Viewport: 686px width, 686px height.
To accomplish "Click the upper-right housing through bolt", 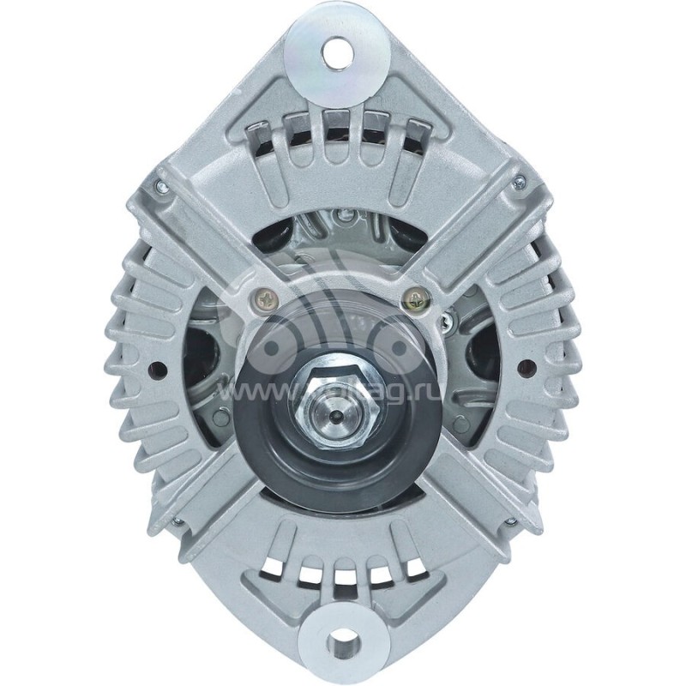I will point(518,183).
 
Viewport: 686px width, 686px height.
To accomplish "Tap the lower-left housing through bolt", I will point(176,521).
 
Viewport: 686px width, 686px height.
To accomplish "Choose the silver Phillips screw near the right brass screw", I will point(444,322).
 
